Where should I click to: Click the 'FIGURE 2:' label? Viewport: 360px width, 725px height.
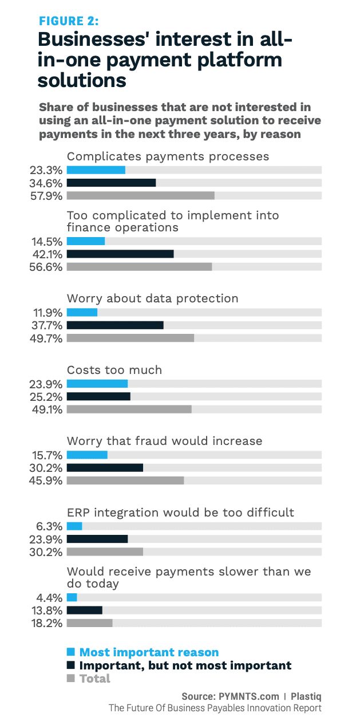(68, 21)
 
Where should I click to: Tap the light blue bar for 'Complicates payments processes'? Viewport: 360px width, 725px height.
(96, 170)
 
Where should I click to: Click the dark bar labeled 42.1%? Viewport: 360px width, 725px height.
(120, 254)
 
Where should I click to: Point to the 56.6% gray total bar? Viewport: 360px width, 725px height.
(139, 267)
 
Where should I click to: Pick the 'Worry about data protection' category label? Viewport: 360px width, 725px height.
(153, 298)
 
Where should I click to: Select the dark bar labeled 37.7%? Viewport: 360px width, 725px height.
(115, 325)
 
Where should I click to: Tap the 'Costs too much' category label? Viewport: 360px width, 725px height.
(114, 370)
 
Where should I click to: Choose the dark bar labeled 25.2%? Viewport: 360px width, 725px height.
(98, 396)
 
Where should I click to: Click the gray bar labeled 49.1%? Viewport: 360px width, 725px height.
(129, 409)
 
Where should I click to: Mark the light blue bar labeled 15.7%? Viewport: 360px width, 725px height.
(87, 455)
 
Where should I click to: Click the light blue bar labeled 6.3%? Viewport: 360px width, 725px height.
(74, 526)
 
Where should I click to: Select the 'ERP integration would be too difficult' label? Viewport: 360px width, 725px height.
(180, 512)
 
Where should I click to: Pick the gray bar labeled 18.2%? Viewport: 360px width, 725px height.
(90, 623)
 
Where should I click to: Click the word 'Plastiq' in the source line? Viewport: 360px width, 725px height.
(306, 696)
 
